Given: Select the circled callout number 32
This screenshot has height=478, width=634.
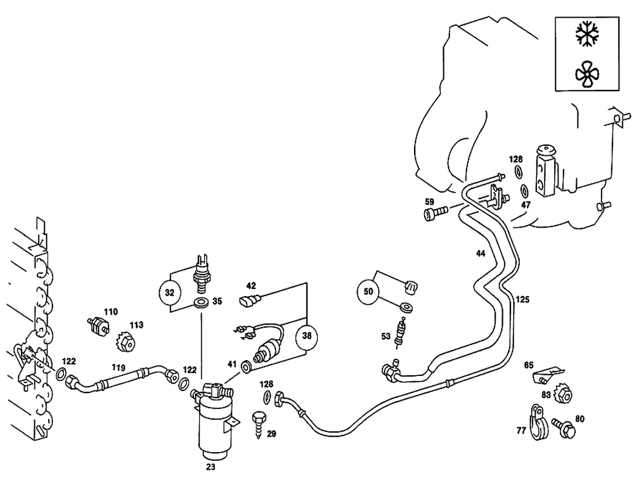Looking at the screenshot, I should pyautogui.click(x=169, y=293).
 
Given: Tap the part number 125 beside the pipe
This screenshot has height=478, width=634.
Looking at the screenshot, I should pyautogui.click(x=522, y=299).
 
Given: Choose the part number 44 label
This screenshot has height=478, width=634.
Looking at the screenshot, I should pyautogui.click(x=481, y=254).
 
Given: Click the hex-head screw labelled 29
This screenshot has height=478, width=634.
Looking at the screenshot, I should pyautogui.click(x=259, y=421).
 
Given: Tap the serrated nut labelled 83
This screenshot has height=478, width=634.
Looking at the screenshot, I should pyautogui.click(x=562, y=395).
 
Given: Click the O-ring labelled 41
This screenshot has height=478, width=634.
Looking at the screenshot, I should pyautogui.click(x=247, y=366).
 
